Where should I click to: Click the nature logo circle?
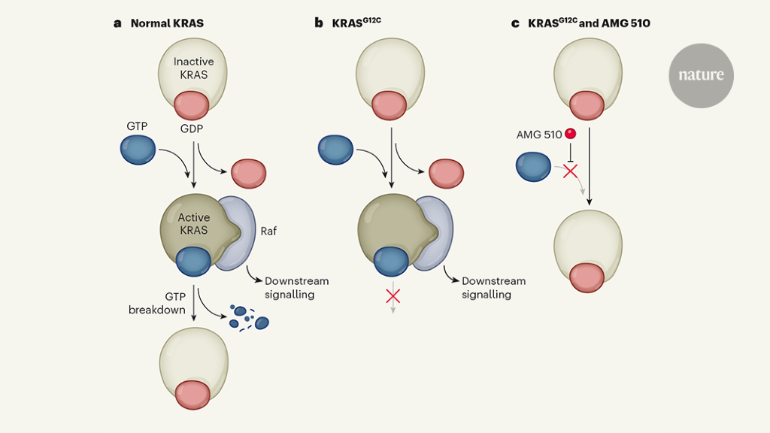coord(701,75)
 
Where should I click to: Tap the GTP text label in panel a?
coord(137,126)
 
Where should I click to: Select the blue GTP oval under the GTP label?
coord(138,150)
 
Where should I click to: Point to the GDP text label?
coord(192,129)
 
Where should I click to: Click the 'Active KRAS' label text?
coord(193,223)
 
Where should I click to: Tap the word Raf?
coord(268,232)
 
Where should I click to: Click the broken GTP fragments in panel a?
coord(248,318)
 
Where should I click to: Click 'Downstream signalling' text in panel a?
coord(296,287)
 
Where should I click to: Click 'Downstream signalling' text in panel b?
coord(493,287)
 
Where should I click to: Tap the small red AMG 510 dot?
coord(571,134)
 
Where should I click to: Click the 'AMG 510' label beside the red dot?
coord(538,135)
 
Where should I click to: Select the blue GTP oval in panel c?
coord(533,167)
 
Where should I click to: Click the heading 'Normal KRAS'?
coord(167,23)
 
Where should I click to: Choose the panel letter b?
coord(319,23)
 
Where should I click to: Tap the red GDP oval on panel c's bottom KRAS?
coord(587,278)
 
